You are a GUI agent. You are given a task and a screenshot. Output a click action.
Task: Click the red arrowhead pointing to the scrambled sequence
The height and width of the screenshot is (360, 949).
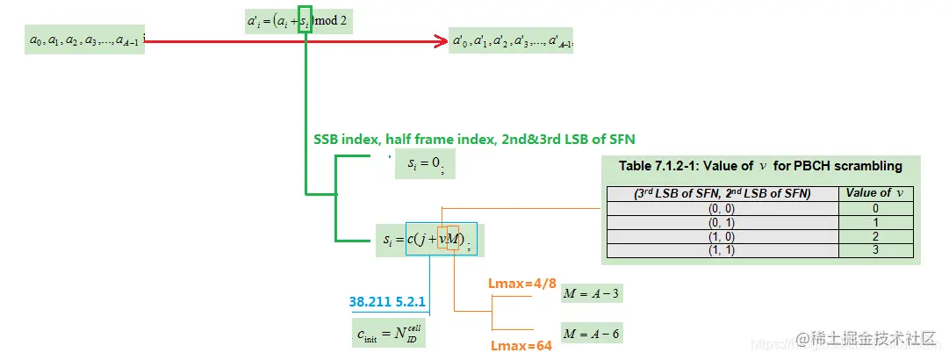[442, 40]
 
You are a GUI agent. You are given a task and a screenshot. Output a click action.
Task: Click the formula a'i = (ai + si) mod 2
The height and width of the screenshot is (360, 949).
[298, 21]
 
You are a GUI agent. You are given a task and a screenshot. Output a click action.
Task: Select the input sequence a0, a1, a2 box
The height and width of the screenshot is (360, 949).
[84, 40]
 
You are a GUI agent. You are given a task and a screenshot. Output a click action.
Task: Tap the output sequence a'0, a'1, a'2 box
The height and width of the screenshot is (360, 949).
[511, 40]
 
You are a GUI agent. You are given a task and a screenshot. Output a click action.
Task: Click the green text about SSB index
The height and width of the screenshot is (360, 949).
[474, 139]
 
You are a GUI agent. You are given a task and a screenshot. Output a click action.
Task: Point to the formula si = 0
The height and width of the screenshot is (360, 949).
[426, 163]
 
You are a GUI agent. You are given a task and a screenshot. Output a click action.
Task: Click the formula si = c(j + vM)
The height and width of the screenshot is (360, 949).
[429, 239]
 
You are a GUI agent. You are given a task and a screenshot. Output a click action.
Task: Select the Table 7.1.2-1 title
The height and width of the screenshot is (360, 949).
[760, 166]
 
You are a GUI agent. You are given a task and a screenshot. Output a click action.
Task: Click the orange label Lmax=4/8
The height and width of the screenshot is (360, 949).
[521, 284]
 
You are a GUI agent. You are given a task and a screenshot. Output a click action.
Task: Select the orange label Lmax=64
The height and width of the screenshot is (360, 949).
[521, 346]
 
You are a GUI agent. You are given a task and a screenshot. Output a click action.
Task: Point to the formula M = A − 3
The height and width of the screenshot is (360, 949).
[593, 293]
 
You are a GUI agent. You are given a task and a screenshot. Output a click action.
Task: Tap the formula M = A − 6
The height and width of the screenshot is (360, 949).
[593, 334]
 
